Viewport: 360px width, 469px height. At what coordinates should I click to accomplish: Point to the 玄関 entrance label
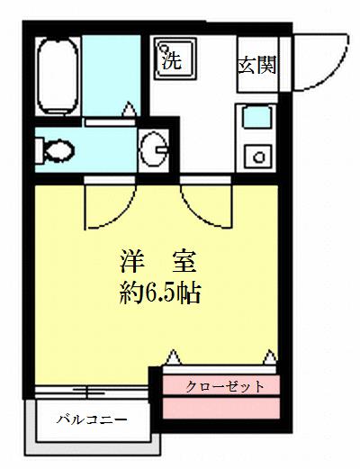(x=256, y=65)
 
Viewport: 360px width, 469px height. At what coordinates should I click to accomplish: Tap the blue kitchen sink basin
(x=256, y=117)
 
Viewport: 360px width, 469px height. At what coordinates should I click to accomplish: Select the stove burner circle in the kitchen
(x=257, y=158)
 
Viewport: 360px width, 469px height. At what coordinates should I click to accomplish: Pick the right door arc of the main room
(x=202, y=205)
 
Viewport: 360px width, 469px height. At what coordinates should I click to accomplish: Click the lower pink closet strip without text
(x=222, y=410)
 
